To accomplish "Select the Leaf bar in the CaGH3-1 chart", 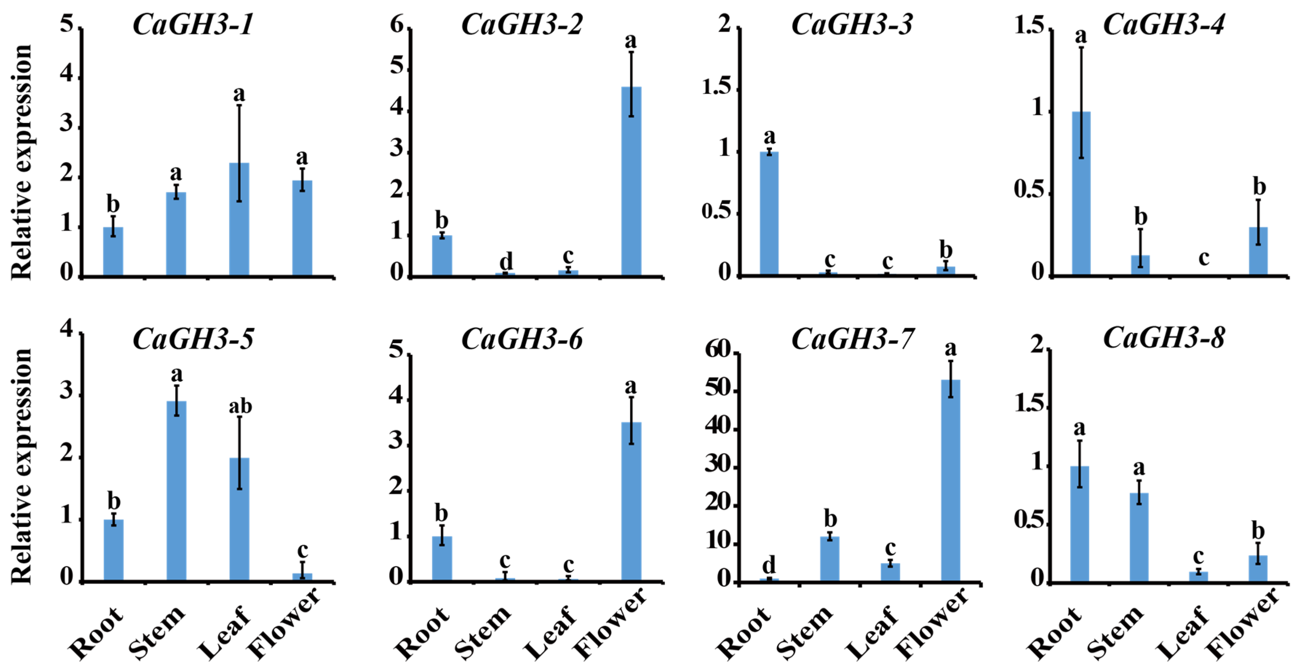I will coord(239,219).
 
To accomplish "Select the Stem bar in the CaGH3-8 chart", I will coord(1139,537).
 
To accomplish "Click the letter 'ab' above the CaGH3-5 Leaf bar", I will coord(240,406).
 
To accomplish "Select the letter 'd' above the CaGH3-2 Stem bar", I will coord(506,261).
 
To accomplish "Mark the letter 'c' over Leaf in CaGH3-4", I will coord(1204,258).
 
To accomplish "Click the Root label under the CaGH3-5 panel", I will coord(96,633).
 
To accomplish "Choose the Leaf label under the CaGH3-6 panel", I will coord(549,633).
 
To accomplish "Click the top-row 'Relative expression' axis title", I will coord(21,162).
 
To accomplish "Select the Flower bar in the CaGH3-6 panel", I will coord(631,501).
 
